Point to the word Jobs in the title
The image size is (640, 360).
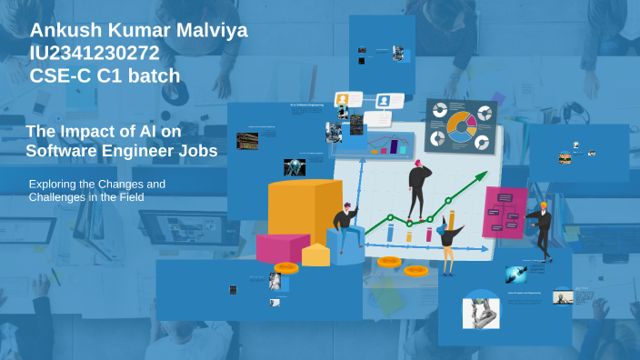pyautogui.click(x=197, y=151)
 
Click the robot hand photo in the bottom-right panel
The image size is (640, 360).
pyautogui.click(x=481, y=312)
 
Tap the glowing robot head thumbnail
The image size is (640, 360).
pyautogui.click(x=295, y=167)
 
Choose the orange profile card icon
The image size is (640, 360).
pyautogui.click(x=343, y=99)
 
